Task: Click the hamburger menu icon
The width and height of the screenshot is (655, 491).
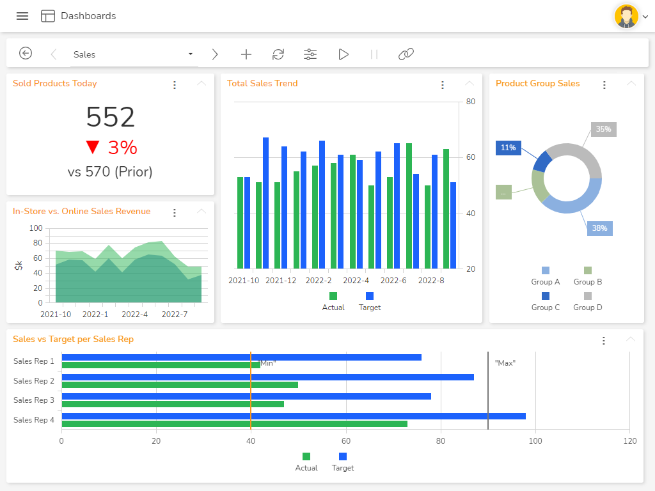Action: pyautogui.click(x=22, y=16)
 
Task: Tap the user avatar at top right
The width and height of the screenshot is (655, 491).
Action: pyautogui.click(x=626, y=17)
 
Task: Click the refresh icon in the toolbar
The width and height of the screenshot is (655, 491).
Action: pyautogui.click(x=278, y=54)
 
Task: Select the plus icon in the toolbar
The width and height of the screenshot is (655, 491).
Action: pyautogui.click(x=246, y=54)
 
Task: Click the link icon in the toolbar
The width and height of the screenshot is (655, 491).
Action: pyautogui.click(x=406, y=54)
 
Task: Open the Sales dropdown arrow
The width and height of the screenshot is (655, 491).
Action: pyautogui.click(x=191, y=54)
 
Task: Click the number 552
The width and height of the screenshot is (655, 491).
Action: pyautogui.click(x=110, y=118)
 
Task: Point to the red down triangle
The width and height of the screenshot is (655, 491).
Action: pyautogui.click(x=93, y=148)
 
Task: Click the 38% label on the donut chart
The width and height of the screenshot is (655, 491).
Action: pyautogui.click(x=599, y=228)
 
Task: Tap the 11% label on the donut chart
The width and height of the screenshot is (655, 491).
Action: pyautogui.click(x=508, y=148)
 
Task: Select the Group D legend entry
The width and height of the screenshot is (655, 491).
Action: pyautogui.click(x=587, y=301)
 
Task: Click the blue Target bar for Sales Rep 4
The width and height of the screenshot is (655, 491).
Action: pyautogui.click(x=294, y=416)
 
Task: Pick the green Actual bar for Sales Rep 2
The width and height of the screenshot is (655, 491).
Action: pyautogui.click(x=180, y=385)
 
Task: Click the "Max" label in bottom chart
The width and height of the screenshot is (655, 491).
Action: pyautogui.click(x=505, y=363)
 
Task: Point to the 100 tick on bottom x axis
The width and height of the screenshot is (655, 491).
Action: pyautogui.click(x=535, y=440)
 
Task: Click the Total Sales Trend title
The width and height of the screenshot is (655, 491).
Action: pyautogui.click(x=262, y=83)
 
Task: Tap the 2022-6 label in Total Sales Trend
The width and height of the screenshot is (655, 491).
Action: pyautogui.click(x=393, y=280)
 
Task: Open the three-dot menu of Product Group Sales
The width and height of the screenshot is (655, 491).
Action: pyautogui.click(x=604, y=84)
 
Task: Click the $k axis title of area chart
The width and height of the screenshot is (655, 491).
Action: pyautogui.click(x=19, y=265)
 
